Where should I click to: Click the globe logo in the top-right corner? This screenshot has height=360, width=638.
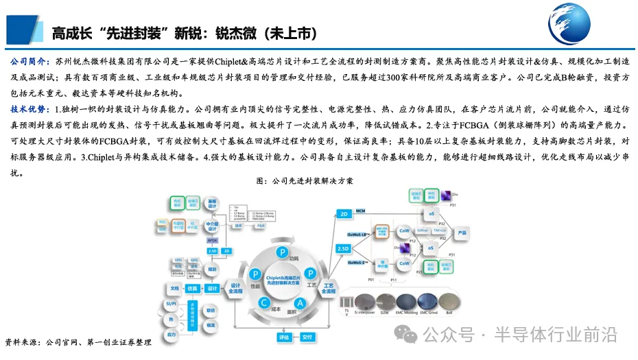(x=591, y=25)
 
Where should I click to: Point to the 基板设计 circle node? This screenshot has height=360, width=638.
(x=212, y=206)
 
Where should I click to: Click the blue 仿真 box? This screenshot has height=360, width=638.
(x=193, y=288)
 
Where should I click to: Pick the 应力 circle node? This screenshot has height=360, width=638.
(x=171, y=334)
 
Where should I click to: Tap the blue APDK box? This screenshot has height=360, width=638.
(x=212, y=241)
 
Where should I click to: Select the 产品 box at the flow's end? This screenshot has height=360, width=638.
(x=462, y=232)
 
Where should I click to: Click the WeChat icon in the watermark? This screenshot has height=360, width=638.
(x=409, y=335)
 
